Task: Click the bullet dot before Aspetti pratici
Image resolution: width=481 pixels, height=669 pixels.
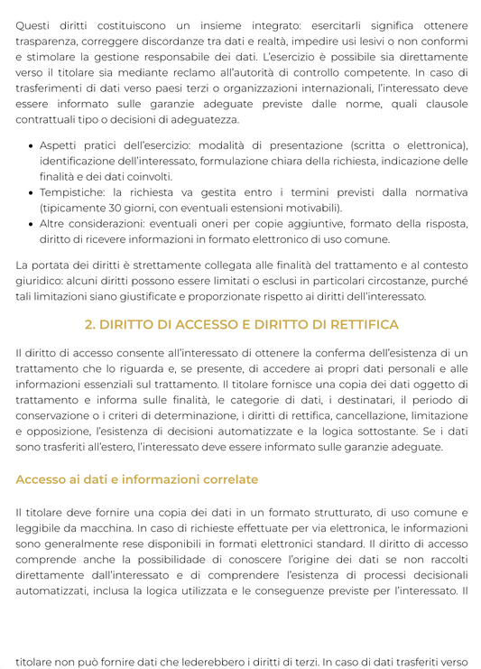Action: [32, 146]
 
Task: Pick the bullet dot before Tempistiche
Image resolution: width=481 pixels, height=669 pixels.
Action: [32, 193]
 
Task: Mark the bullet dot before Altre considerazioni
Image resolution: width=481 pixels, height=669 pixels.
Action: [32, 224]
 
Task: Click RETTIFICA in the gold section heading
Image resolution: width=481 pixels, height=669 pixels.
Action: [353, 324]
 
